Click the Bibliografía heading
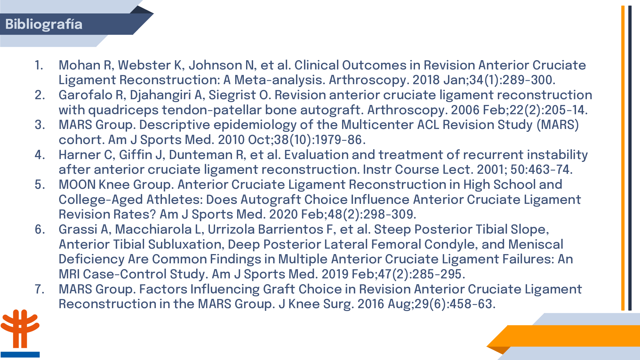click(44, 24)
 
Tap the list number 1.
click(39, 65)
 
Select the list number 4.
click(40, 155)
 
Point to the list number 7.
click(39, 289)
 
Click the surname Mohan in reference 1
click(80, 65)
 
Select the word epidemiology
click(255, 125)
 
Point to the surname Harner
click(80, 155)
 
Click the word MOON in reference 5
click(77, 185)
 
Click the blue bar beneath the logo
click(20, 355)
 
